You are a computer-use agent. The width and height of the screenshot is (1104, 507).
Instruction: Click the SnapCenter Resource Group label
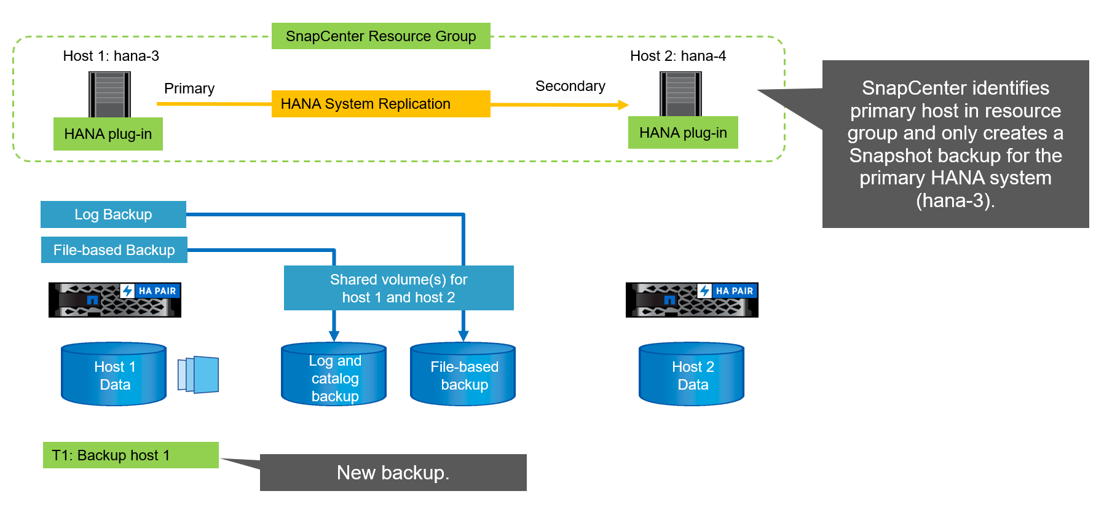point(380,36)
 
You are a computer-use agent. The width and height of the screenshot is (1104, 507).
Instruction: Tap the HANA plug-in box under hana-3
point(108,134)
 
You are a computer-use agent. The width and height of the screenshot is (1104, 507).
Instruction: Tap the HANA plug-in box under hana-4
point(683,133)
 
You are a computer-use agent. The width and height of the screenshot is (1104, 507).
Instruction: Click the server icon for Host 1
point(109,93)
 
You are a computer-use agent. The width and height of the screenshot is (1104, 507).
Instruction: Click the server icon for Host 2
point(680,93)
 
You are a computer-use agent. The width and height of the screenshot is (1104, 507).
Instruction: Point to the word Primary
point(189,88)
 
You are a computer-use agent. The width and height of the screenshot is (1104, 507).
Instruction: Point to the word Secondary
point(570,86)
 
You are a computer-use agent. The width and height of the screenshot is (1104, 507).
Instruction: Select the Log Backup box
point(113,214)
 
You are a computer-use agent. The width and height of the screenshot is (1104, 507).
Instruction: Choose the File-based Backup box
point(114,250)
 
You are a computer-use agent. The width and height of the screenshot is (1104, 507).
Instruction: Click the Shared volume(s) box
point(398,288)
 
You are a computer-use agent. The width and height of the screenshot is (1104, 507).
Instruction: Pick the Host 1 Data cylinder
point(114,374)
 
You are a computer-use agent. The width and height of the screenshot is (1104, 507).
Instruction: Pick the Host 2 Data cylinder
point(692,374)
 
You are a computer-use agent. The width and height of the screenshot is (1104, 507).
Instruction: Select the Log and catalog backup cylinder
point(334,375)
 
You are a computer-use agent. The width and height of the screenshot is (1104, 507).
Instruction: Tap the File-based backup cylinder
point(463,374)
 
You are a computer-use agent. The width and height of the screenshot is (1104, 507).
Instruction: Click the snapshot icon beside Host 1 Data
point(199,374)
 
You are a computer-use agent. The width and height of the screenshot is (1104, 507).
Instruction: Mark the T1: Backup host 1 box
point(130,455)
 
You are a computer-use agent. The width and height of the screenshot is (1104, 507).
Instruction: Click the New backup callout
point(393,473)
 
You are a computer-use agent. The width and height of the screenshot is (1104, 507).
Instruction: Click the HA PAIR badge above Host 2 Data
point(728,291)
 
